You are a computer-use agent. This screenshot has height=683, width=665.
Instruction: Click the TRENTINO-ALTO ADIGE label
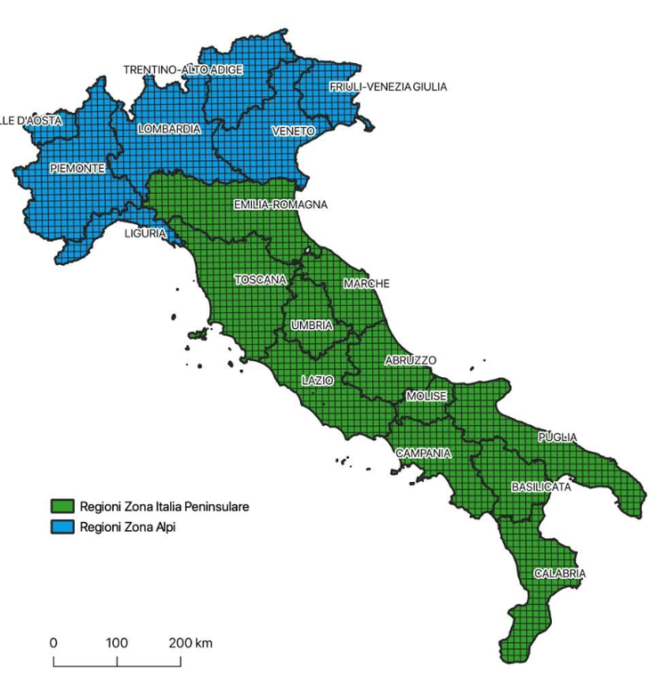coord(182,69)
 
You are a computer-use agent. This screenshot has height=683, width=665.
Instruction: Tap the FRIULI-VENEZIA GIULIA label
coord(388,87)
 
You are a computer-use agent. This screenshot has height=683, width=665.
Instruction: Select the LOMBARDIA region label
coord(169,129)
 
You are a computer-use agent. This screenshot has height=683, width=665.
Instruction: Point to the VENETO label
coord(293,132)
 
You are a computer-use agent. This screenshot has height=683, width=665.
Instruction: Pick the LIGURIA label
coord(145,233)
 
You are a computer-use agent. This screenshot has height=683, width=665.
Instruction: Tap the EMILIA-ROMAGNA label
coord(280,205)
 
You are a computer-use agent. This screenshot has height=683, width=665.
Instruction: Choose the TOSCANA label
coord(260,279)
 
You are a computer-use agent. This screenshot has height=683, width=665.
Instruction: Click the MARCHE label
coord(366,284)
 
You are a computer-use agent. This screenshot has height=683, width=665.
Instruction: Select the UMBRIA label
coord(312,326)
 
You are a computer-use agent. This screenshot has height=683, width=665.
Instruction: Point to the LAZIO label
coord(317,380)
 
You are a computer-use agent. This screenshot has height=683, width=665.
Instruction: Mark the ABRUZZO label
coord(410,360)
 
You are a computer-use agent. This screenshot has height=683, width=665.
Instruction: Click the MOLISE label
coord(426,396)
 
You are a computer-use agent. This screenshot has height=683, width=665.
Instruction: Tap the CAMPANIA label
coord(424,453)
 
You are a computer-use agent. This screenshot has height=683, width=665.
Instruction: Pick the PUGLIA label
coord(558,438)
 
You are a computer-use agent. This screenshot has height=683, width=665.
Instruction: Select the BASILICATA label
coord(541,487)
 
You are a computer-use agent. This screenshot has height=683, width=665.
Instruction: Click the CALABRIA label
coord(560,574)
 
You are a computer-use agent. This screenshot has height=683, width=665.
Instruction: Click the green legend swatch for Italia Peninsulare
coord(61,507)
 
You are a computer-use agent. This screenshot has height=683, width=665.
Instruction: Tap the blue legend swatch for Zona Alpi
coord(61,526)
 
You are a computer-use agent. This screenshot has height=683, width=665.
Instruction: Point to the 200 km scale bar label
coord(191,643)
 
